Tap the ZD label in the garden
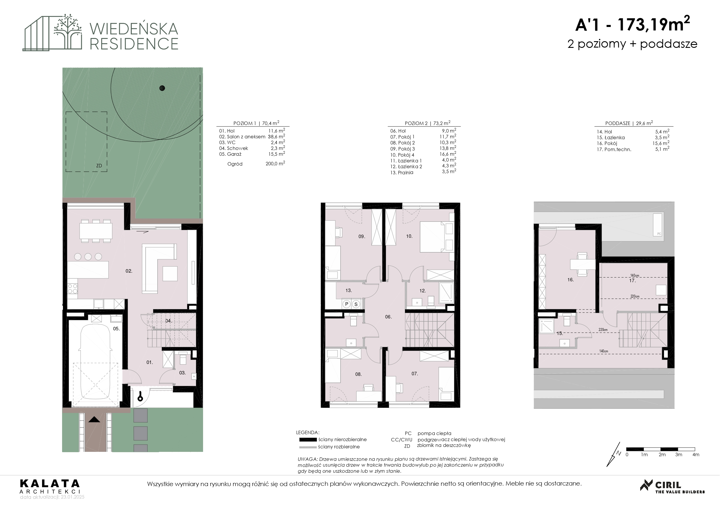pos(99,166)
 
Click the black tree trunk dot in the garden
pos(162,88)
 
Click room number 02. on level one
pos(129,271)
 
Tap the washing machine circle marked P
pos(347,304)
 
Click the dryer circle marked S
pos(356,304)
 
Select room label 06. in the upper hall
pos(388,317)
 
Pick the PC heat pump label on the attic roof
pos(659,234)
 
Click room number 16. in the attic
pos(571,280)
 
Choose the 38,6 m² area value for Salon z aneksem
pos(276,136)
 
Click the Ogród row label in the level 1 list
pos(235,164)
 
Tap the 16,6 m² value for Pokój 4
pos(449,154)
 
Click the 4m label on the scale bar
pos(696,454)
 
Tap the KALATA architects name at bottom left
pos(50,483)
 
